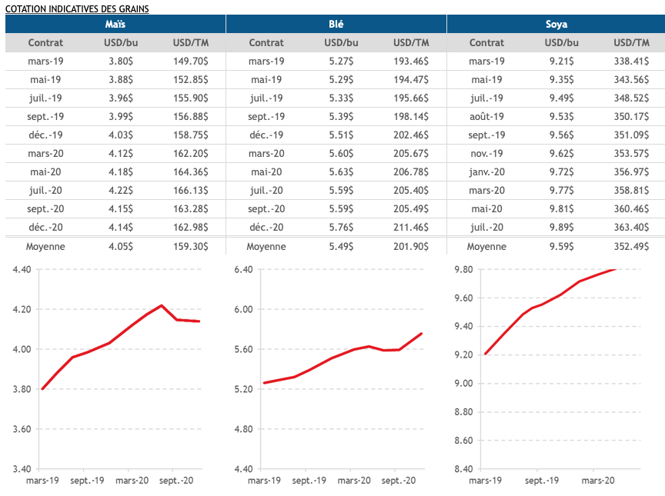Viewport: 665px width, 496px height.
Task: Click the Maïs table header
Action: click(x=115, y=25)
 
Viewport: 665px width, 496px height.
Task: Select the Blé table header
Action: click(x=336, y=25)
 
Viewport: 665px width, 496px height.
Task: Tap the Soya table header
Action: click(x=556, y=25)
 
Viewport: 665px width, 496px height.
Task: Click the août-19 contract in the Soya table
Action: click(x=486, y=117)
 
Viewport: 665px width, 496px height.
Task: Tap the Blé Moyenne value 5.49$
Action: click(x=339, y=247)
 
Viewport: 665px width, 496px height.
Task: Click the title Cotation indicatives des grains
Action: click(x=77, y=8)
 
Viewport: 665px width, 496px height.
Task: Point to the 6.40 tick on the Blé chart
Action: click(x=242, y=269)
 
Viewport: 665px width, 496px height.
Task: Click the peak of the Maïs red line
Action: click(x=162, y=305)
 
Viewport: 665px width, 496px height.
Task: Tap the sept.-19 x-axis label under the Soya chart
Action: click(x=541, y=481)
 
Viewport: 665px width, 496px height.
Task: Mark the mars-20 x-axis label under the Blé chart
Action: click(x=353, y=481)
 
